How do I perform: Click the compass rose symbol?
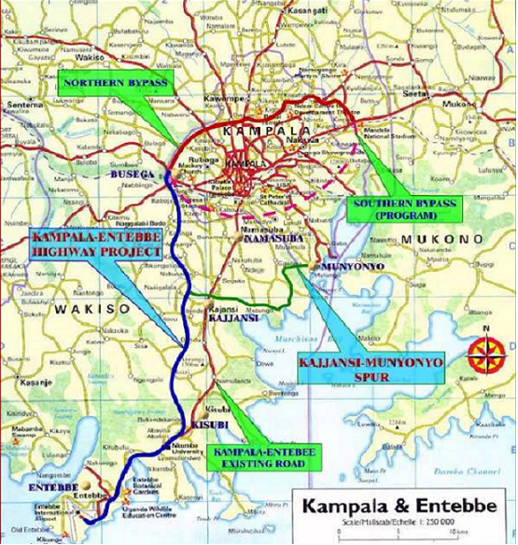pyautogui.click(x=486, y=352)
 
